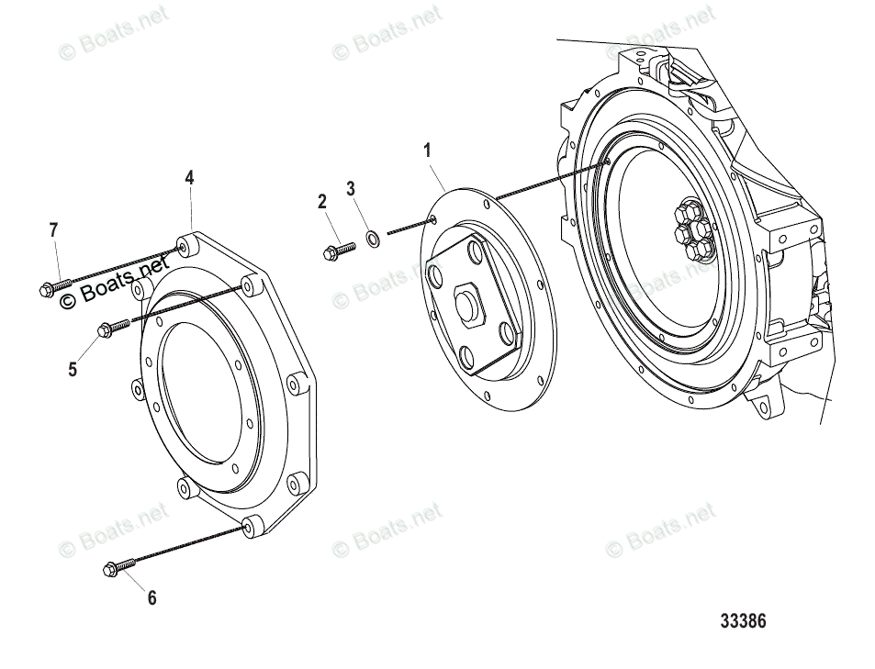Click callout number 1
(427, 151)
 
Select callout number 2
(322, 202)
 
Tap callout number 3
(351, 189)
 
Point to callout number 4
(189, 177)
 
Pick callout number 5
(73, 370)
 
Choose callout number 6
(151, 598)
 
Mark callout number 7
(53, 230)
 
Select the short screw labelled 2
(338, 250)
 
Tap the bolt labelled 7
(51, 289)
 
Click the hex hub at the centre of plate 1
(468, 306)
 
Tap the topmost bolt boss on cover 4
(185, 247)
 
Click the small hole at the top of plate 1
(432, 218)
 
